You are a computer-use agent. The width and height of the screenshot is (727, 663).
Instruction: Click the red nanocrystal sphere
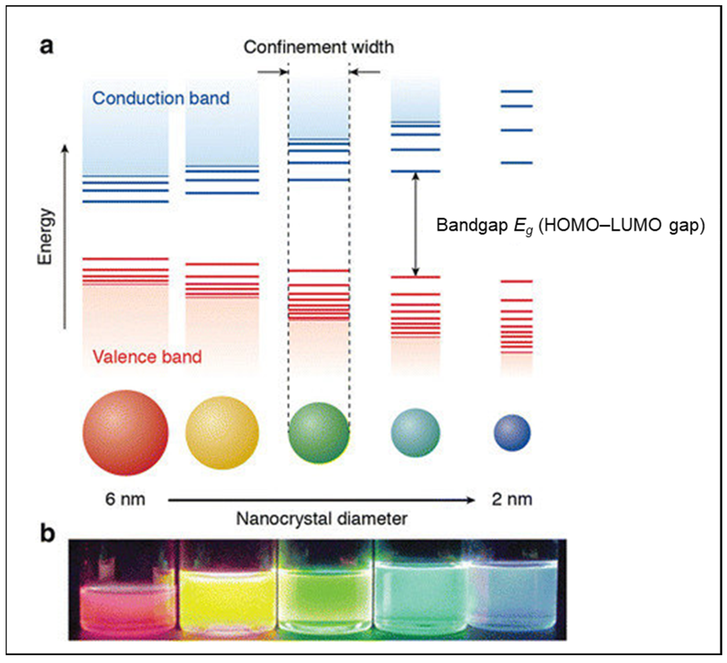coord(125,432)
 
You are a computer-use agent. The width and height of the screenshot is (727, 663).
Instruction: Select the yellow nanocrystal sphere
coord(222,432)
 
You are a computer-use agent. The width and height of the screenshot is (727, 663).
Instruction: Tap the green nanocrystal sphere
coord(318,432)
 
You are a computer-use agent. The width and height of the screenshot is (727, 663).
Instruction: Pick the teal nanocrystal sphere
coord(415,432)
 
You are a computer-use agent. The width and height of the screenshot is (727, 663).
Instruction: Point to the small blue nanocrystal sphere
coord(512,432)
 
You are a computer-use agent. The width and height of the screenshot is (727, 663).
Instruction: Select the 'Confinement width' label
coord(318,47)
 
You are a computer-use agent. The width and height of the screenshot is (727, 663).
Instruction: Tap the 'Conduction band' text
coord(161,98)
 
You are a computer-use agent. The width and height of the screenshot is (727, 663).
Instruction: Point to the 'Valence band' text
coord(147,357)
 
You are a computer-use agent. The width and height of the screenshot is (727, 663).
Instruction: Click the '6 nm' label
coord(125,500)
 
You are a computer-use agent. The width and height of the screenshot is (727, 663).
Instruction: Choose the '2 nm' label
coord(512,500)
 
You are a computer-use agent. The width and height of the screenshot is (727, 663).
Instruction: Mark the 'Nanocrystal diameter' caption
coord(321,519)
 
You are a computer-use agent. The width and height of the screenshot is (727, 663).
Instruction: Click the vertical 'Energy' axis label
coord(46,236)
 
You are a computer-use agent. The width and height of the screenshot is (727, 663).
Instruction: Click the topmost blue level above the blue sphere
coord(516,91)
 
